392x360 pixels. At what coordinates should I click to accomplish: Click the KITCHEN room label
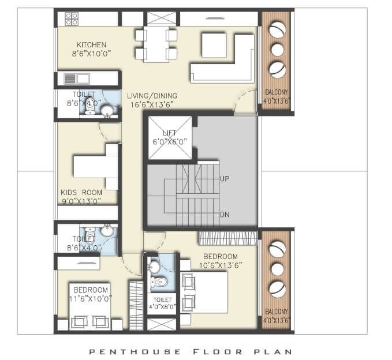91,44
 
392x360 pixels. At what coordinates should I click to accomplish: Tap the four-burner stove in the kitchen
72,18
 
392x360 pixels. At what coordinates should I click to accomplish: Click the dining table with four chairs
156,44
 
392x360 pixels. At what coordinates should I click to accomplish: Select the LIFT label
169,133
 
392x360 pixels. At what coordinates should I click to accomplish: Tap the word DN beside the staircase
226,215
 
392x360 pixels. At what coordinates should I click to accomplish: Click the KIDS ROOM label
81,193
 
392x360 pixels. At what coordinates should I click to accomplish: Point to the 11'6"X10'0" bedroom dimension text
90,298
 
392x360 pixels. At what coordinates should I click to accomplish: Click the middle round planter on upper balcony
277,48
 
